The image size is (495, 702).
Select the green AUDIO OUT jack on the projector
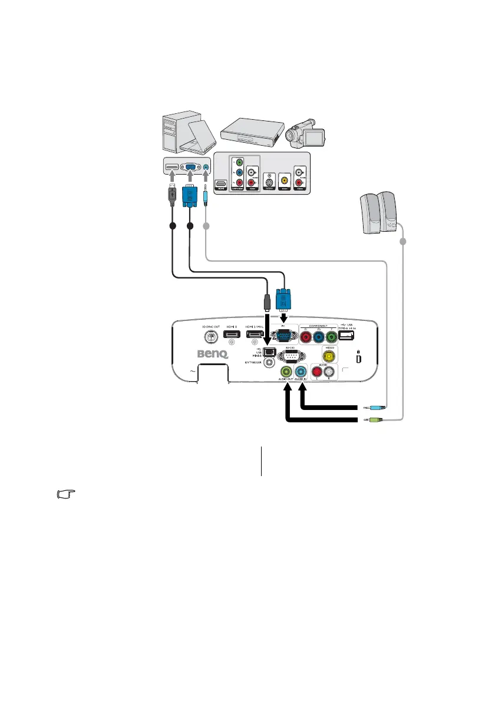click(287, 372)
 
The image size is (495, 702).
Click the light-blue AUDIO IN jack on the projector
click(302, 372)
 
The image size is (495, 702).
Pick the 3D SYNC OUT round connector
click(211, 337)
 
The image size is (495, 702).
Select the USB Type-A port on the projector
click(346, 336)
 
